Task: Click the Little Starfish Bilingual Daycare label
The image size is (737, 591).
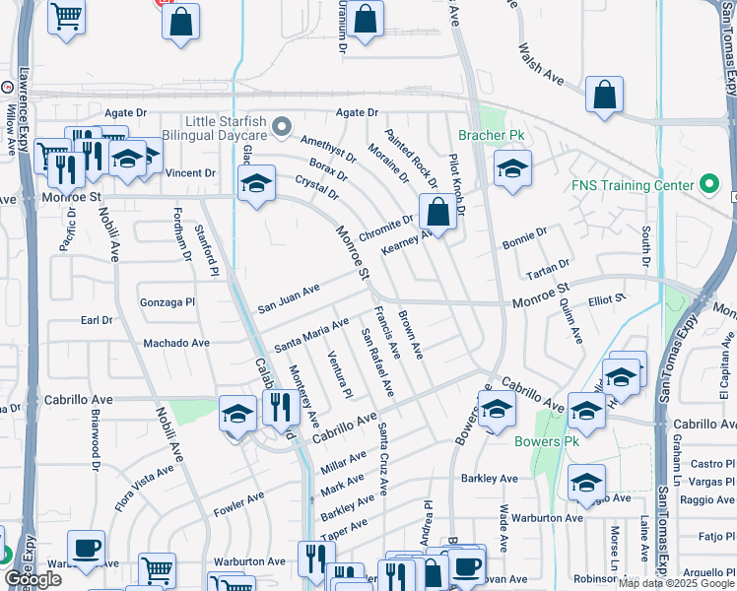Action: pos(212,126)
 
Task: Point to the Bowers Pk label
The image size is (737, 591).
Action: pos(545,441)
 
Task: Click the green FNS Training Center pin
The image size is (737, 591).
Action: pos(707,184)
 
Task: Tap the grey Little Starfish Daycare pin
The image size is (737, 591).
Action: pos(283,126)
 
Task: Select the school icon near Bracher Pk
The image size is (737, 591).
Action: pos(512,167)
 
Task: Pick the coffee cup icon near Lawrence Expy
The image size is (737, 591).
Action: pos(86,548)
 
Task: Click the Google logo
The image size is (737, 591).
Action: pos(33,579)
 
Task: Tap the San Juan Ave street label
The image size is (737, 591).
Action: pos(289,299)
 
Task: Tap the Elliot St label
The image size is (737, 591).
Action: pos(607,297)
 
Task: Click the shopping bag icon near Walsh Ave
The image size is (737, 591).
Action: pos(604,96)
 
